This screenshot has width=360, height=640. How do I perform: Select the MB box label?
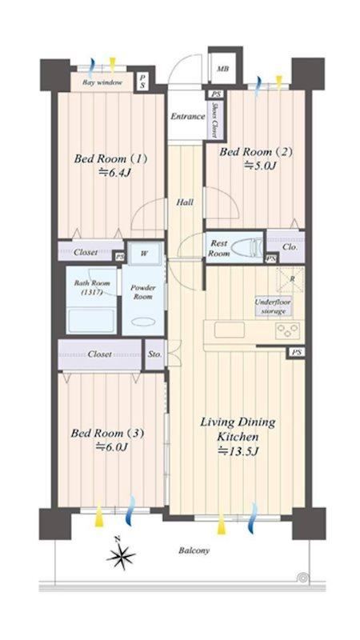pyautogui.click(x=222, y=69)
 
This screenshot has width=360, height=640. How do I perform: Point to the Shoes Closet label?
pyautogui.click(x=214, y=118)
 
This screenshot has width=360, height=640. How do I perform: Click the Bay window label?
pyautogui.click(x=102, y=82)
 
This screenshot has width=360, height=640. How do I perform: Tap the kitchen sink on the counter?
pyautogui.click(x=230, y=330)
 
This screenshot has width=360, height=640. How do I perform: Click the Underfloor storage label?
pyautogui.click(x=273, y=306)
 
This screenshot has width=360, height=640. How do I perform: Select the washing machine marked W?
pyautogui.click(x=145, y=254)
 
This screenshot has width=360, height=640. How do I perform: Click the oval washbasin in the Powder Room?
pyautogui.click(x=143, y=322)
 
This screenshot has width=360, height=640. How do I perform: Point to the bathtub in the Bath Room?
pyautogui.click(x=92, y=321)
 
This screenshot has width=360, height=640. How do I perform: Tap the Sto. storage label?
pyautogui.click(x=155, y=354)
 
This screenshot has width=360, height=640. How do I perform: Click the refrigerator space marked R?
pyautogui.click(x=290, y=280)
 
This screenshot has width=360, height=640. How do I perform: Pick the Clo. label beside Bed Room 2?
pyautogui.click(x=290, y=247)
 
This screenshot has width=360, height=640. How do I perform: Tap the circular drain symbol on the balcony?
pyautogui.click(x=303, y=578)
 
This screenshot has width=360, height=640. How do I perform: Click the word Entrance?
pyautogui.click(x=187, y=116)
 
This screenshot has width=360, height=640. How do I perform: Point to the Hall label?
pyautogui.click(x=185, y=202)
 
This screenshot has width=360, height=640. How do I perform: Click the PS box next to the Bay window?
pyautogui.click(x=142, y=82)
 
